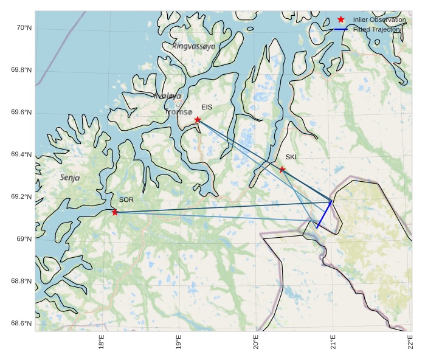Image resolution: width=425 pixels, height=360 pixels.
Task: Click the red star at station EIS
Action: (x=198, y=120)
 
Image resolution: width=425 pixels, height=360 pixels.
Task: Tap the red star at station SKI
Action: (x=282, y=169)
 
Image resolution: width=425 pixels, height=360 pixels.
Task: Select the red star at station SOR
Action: (x=115, y=212)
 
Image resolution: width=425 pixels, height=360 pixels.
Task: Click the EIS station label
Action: (x=207, y=108)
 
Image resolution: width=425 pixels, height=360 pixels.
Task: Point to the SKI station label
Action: (x=291, y=157)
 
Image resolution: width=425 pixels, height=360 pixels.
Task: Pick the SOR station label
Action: (x=126, y=199)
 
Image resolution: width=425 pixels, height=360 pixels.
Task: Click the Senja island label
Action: (x=70, y=178)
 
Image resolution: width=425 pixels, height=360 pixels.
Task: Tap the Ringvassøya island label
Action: (x=193, y=46)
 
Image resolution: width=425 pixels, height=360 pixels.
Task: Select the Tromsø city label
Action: (x=179, y=112)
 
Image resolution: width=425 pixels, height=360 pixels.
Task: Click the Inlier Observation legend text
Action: (x=379, y=20)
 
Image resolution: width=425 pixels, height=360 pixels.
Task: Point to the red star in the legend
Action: (x=341, y=20)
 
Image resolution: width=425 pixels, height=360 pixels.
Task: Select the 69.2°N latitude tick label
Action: (x=21, y=197)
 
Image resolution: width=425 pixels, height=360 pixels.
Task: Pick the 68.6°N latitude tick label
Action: (x=21, y=323)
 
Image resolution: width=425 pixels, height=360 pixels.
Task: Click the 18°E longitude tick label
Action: (x=102, y=343)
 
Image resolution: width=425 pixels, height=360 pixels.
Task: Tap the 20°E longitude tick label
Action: (x=256, y=343)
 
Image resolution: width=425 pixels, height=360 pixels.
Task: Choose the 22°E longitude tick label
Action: (x=410, y=343)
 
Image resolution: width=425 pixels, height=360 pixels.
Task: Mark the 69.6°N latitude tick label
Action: (x=21, y=112)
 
